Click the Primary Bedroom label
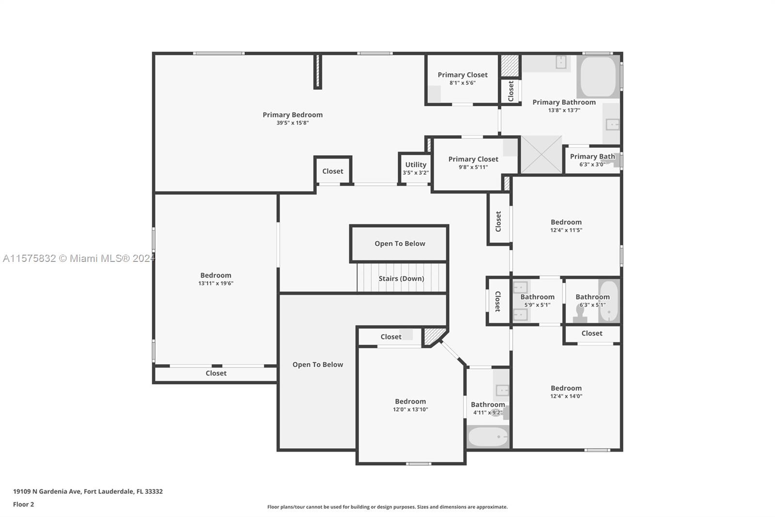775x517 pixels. coord(293,114)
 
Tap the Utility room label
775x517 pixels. coord(416,165)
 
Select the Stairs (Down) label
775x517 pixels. coord(402,278)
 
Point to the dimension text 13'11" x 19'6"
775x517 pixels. coord(216,283)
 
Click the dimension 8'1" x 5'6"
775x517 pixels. coord(462,83)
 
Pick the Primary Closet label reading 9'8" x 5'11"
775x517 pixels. coord(473,159)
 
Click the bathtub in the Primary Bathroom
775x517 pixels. coord(598,77)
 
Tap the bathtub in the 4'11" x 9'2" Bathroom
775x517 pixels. coord(488,436)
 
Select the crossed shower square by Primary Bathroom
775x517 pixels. coord(542,155)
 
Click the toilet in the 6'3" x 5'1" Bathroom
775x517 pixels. coord(579,313)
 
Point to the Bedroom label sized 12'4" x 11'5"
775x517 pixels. coord(566,222)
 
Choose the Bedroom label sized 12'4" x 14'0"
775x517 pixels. coord(566,388)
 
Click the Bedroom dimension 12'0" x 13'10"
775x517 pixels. coord(410,410)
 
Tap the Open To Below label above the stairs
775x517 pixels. coord(400,243)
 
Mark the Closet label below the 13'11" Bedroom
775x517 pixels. coord(216,373)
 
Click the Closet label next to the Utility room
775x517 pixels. coord(332,171)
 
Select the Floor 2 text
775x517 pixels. coord(24,504)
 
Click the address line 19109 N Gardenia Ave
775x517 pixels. coord(88,491)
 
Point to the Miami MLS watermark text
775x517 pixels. coord(78,258)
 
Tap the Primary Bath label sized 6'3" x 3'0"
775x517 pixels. coord(592,157)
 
